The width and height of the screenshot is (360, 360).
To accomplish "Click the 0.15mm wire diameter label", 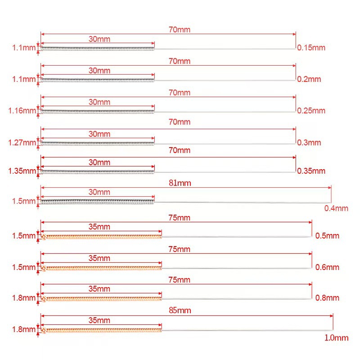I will click(311, 47).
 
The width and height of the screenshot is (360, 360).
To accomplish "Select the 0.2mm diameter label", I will click(309, 79).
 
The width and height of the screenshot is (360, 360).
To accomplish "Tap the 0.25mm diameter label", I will click(311, 110).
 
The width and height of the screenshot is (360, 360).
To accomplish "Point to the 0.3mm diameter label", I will click(309, 143).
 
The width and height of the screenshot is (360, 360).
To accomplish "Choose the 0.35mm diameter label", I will click(311, 171).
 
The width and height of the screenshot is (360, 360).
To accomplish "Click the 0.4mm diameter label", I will click(336, 208).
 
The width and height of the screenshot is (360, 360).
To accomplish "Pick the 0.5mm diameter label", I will click(327, 235).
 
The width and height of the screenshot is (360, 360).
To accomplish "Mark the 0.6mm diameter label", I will click(327, 267).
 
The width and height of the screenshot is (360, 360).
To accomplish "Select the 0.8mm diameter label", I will click(327, 297).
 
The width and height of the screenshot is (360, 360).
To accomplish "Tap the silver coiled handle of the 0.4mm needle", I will click(97, 202).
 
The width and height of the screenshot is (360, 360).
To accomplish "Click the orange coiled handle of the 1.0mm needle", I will click(101, 331).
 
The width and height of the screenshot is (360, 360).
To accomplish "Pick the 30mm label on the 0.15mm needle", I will click(99, 39).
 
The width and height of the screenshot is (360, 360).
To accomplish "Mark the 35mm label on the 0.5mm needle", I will click(99, 227).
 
